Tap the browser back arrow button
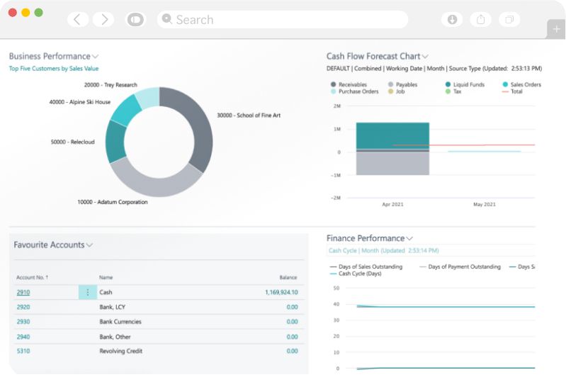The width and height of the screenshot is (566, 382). point(77,20)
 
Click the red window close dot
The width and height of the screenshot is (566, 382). point(12,13)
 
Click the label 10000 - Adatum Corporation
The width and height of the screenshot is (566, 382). point(113,202)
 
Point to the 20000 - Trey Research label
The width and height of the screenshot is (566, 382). point(111,85)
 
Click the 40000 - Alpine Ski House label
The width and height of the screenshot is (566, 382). point(80,102)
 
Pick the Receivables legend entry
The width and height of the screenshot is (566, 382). point(352,84)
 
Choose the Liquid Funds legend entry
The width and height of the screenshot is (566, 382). point(467,84)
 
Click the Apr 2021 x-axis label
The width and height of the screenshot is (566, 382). point(392,204)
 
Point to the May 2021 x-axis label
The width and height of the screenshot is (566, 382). point(484,204)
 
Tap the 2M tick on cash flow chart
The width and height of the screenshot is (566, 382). point(336,106)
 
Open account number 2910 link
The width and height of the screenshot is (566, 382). point(23,292)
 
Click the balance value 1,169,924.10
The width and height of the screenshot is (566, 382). point(281,292)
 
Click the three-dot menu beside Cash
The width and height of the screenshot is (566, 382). point(88,292)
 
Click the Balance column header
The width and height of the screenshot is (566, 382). point(288,277)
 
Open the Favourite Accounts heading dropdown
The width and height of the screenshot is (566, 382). point(90,245)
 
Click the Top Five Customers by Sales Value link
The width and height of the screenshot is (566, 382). point(53,69)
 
